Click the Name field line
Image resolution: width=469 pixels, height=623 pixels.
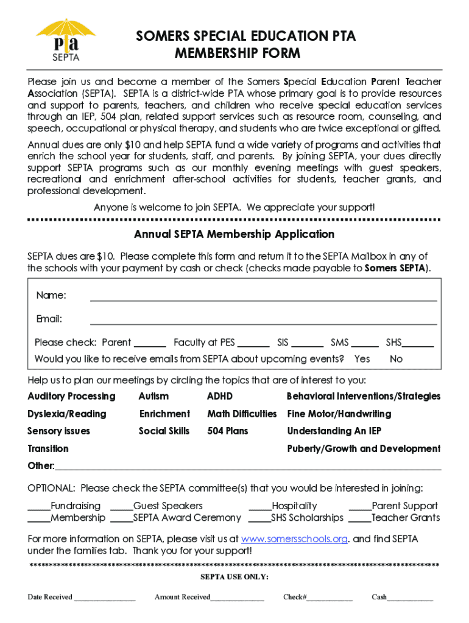[263, 297]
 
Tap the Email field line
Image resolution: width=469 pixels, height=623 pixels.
[263, 321]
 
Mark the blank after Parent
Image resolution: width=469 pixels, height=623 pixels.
[150, 344]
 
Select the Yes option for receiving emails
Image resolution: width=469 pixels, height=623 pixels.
[362, 359]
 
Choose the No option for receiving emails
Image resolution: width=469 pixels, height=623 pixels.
[396, 359]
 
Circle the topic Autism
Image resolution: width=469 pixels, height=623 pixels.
[153, 397]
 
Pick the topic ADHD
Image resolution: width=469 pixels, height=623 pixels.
[220, 397]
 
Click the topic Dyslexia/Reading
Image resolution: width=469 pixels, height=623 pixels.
[67, 414]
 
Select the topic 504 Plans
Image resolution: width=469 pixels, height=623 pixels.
[228, 431]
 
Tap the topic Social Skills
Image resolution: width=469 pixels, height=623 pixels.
[164, 431]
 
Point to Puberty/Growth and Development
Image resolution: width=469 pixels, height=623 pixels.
[364, 449]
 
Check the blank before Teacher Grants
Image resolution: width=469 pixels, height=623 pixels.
[359, 519]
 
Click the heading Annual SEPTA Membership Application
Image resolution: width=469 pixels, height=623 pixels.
[234, 234]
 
